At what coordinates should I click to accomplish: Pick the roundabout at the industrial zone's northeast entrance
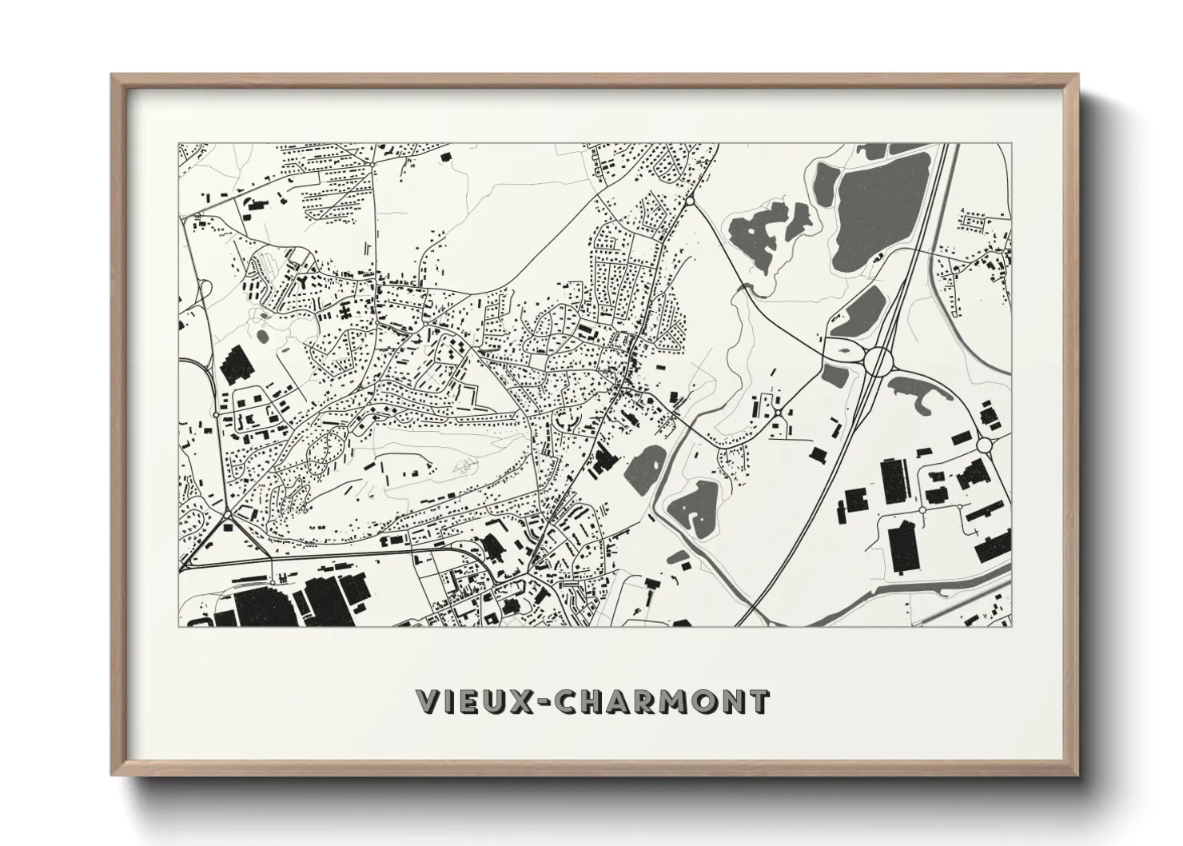(983, 444)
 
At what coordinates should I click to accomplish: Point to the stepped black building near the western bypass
(235, 366)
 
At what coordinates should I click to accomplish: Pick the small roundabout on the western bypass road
(217, 415)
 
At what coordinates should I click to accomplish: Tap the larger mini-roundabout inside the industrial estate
(922, 509)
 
